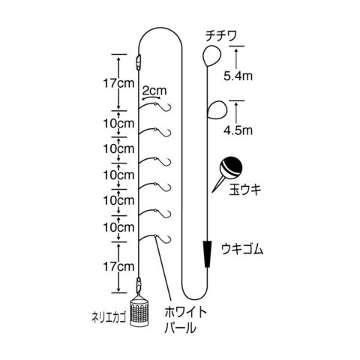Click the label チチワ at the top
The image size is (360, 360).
point(221,37)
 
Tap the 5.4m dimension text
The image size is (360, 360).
point(238,76)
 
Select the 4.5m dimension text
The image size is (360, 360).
point(238,130)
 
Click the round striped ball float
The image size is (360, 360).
point(231,167)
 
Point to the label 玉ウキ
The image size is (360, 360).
point(245,190)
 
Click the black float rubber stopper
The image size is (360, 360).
point(207,254)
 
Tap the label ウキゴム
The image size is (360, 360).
point(242,249)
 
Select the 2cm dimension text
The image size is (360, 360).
point(154,91)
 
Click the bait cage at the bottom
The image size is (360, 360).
point(139,310)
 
